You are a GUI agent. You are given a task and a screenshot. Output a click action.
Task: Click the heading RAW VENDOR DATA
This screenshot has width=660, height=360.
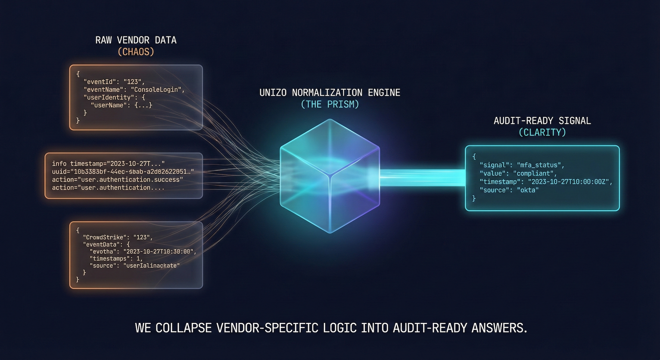click(x=136, y=40)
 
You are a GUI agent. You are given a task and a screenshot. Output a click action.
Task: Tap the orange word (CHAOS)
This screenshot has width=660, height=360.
click(x=136, y=52)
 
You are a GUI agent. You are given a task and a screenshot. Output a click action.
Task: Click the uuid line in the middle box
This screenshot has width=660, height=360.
click(x=123, y=172)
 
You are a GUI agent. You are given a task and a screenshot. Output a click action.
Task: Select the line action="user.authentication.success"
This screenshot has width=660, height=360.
click(x=117, y=179)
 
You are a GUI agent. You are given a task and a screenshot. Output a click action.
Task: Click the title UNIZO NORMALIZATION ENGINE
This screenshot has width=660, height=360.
click(x=330, y=93)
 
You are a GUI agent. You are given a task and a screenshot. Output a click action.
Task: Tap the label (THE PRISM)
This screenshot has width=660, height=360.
click(x=330, y=105)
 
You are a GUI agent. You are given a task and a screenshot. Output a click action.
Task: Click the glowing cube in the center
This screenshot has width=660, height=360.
click(x=330, y=176)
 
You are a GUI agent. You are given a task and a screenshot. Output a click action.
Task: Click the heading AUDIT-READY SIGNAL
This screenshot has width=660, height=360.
click(x=542, y=121)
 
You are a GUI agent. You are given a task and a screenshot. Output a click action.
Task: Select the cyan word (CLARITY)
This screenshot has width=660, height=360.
click(x=542, y=132)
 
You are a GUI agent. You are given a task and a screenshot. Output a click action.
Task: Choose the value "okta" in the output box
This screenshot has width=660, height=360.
click(x=528, y=190)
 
